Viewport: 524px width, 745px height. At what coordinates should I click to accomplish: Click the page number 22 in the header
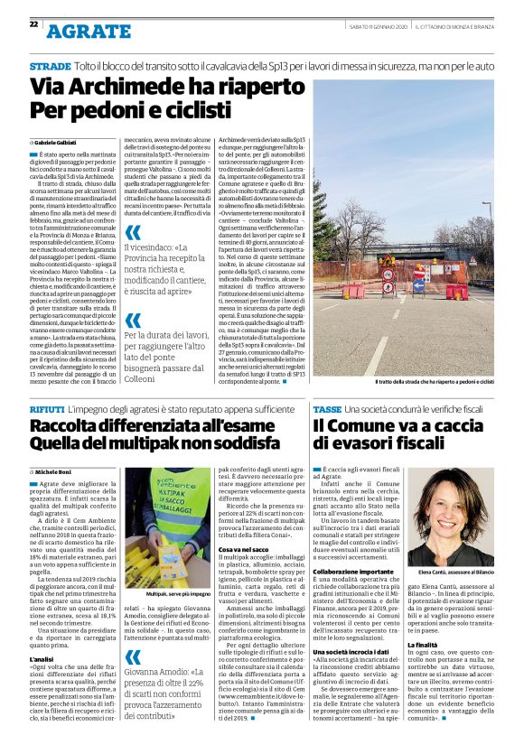34,24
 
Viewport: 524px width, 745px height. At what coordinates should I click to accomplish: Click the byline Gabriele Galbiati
56,143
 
